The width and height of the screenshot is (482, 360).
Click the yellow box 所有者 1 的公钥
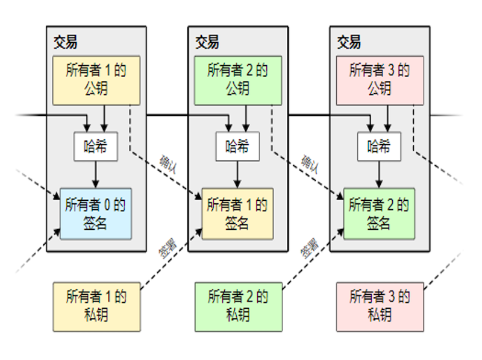point(96,80)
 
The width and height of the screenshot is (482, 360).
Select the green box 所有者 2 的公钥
point(238,80)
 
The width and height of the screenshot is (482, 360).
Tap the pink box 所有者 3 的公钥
point(380,80)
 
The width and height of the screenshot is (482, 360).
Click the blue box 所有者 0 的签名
point(95,213)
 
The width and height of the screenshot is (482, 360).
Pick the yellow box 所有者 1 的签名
point(237,213)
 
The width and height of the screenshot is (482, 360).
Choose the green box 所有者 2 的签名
point(379,213)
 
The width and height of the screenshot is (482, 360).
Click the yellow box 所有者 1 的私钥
point(96,306)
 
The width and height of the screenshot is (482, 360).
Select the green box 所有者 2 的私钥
point(238,306)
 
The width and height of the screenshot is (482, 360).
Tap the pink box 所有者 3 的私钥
point(380,306)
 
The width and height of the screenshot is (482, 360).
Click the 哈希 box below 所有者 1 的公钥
point(95,146)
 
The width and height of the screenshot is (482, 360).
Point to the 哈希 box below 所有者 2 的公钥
point(237,146)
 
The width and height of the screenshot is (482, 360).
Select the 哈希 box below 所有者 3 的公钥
point(379,146)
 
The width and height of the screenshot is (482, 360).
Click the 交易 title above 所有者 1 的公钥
point(65,42)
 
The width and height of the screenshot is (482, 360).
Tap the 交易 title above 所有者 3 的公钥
point(349,42)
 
